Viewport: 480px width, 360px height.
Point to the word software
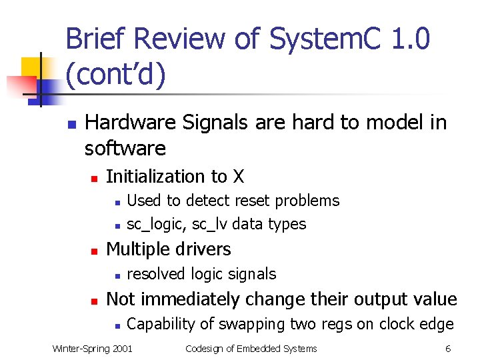[x=125, y=147]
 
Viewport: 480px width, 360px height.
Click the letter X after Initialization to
[x=238, y=177]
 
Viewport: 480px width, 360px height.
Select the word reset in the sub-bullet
[x=256, y=201]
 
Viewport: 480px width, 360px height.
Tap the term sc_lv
[x=203, y=224]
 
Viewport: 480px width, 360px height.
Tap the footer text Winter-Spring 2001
[x=92, y=348]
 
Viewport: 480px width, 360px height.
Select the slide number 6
[x=448, y=348]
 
